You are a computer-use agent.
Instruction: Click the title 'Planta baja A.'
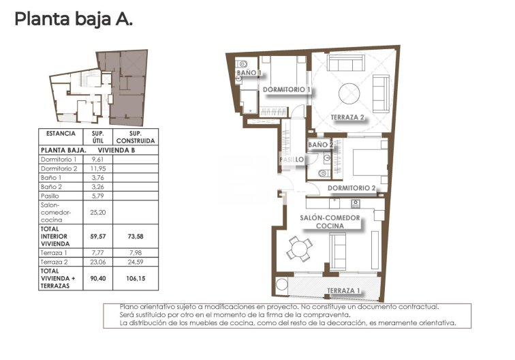(74, 19)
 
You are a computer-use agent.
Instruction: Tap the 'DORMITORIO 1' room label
(287, 89)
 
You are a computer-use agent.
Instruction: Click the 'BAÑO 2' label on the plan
(320, 145)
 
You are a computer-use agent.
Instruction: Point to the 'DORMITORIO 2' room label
(352, 187)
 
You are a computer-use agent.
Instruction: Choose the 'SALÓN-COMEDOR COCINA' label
(330, 222)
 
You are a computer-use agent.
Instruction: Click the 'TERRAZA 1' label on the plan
(345, 291)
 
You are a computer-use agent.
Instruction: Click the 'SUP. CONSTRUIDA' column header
(134, 137)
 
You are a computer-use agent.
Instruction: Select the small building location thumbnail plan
(99, 87)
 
